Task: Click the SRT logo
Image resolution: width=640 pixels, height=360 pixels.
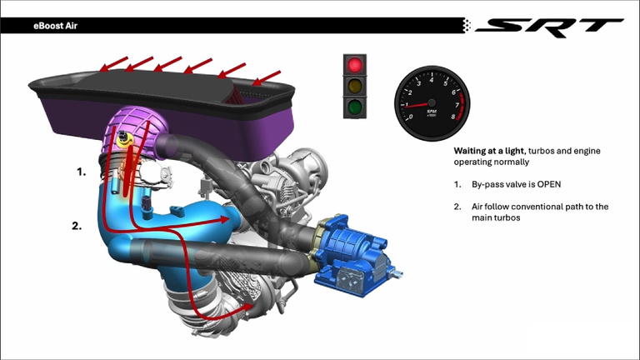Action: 549,27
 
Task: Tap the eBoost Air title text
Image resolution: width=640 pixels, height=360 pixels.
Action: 55,26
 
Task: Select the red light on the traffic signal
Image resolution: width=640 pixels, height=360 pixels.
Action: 355,64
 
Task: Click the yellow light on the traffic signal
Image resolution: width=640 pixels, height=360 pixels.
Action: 355,86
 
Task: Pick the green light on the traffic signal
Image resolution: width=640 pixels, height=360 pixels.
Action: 355,107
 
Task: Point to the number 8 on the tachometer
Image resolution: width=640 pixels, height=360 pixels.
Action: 453,117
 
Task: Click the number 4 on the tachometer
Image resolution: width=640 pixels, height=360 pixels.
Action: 432,80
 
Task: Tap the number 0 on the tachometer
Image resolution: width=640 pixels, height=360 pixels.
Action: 411,117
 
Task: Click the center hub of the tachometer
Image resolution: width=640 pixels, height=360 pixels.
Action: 432,102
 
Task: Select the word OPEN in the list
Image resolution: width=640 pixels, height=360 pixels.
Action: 548,184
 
